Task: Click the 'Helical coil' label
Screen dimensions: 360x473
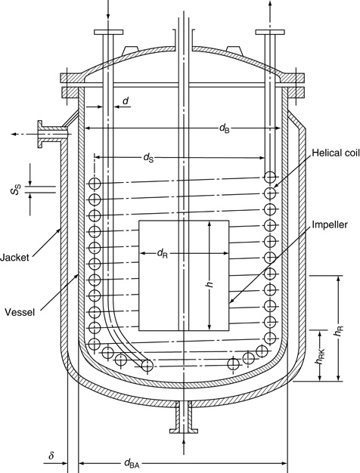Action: pyautogui.click(x=336, y=153)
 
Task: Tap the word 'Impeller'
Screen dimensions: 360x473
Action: pyautogui.click(x=330, y=224)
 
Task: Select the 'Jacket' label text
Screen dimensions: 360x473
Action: pyautogui.click(x=14, y=258)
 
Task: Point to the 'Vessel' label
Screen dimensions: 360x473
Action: pyautogui.click(x=20, y=312)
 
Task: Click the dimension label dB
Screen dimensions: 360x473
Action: pyautogui.click(x=225, y=128)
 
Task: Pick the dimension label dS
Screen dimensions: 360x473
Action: pyautogui.click(x=148, y=157)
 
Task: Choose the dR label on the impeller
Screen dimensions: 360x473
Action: pyautogui.click(x=162, y=253)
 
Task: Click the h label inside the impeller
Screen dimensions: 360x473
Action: pyautogui.click(x=210, y=284)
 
